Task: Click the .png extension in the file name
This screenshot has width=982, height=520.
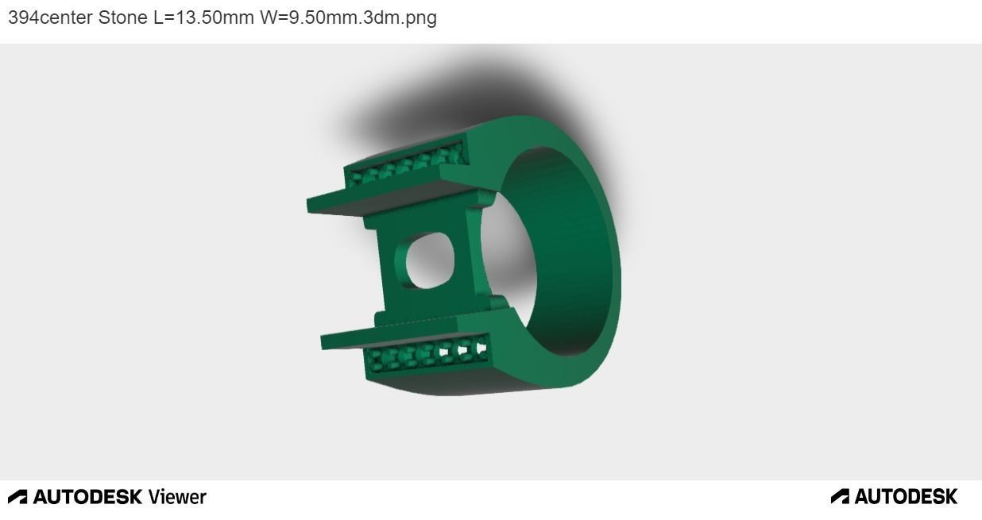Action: coord(419,17)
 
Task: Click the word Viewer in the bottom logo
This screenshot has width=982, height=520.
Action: coord(177,497)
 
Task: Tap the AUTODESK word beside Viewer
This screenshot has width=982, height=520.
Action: coord(87,497)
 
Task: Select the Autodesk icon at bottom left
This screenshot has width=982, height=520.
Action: coord(17,497)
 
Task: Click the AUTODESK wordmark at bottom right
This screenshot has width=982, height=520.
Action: coord(906,497)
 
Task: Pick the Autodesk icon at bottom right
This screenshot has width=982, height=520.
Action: coord(840,497)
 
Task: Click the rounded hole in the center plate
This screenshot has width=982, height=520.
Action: coord(430,260)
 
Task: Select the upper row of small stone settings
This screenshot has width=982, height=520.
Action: coord(407,165)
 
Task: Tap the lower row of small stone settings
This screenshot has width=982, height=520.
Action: coord(426,354)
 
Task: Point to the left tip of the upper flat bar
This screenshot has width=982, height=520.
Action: coord(312,205)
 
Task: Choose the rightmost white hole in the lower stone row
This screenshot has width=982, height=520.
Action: coord(481,346)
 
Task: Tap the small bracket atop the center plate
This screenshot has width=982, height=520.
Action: coord(486,202)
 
